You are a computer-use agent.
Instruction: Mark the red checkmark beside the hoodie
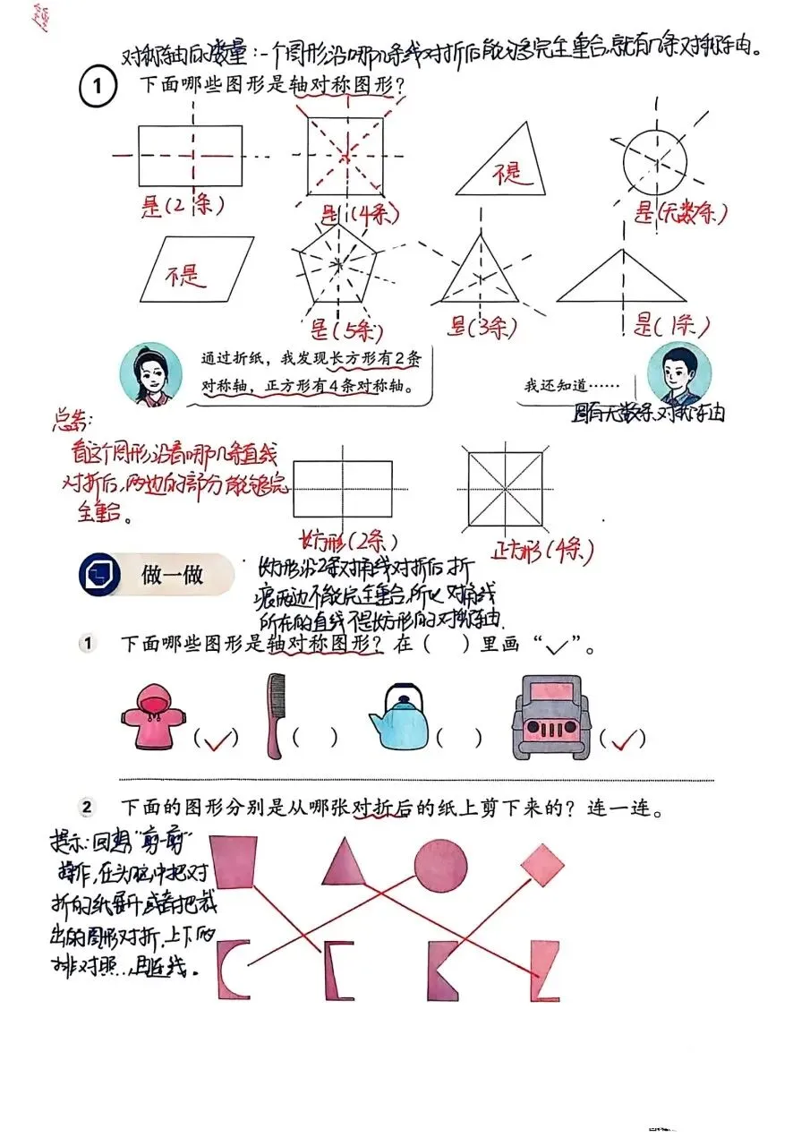click(218, 739)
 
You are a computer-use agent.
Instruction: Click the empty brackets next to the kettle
click(459, 738)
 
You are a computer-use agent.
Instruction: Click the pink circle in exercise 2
click(440, 864)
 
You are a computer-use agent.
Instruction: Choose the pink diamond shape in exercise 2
click(542, 864)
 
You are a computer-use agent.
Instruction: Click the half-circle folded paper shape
click(234, 970)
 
